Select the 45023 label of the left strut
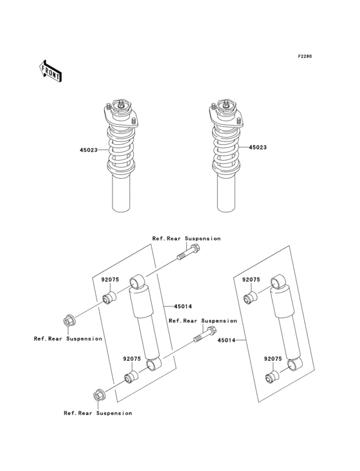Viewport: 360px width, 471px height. coord(89,150)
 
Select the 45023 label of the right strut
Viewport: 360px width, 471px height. coord(256,147)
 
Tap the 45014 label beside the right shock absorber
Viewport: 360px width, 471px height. coord(226,340)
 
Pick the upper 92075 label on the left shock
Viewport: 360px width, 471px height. coord(111,280)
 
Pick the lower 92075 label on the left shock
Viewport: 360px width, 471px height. coord(132,358)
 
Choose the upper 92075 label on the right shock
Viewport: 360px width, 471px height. coord(251,280)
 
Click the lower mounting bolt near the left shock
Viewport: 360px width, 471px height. coord(203,335)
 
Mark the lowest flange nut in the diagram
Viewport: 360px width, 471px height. coord(98,396)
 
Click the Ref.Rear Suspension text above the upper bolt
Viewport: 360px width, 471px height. coord(186,239)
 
